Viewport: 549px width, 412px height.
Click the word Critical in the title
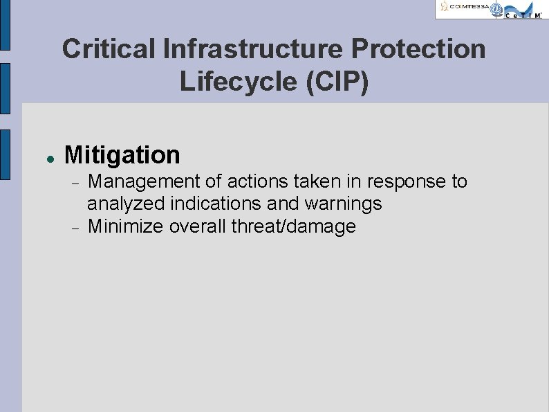coord(108,50)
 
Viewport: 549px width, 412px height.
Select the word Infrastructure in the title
coord(252,50)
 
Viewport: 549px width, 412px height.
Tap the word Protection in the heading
coord(419,50)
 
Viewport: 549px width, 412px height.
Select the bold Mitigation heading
coord(122,155)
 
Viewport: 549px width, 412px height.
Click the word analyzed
coord(120,204)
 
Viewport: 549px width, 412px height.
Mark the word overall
coord(201,226)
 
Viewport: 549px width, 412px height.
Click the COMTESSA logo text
coord(465,8)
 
